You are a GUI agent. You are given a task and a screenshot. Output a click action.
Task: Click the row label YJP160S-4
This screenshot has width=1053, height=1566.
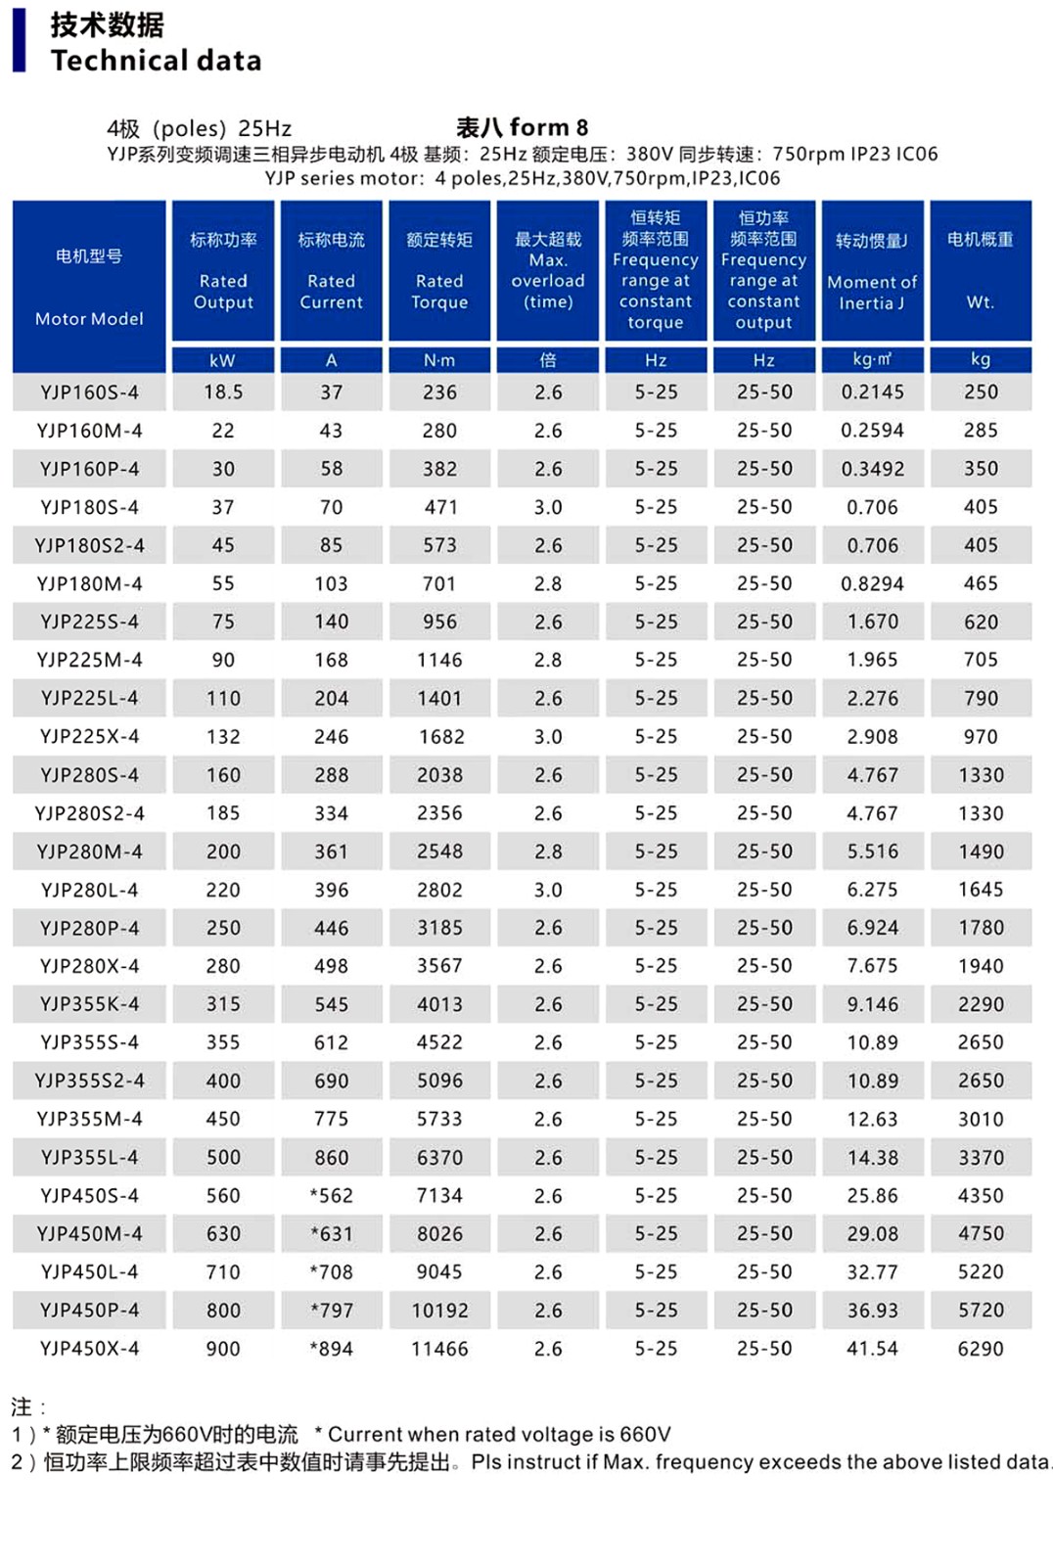pos(89,392)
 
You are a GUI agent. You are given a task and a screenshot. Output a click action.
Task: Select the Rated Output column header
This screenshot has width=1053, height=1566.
pos(223,292)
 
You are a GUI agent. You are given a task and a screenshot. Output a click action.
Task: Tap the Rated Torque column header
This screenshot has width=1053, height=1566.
pos(439,292)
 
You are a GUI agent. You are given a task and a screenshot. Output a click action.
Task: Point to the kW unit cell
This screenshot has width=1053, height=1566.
pos(222,360)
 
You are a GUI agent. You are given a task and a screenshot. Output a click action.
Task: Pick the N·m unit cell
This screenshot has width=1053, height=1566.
pos(439,360)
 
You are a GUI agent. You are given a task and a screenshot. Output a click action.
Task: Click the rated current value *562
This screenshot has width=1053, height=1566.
pos(331,1195)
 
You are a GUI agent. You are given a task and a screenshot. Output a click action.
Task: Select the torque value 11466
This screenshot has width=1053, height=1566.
pos(439,1349)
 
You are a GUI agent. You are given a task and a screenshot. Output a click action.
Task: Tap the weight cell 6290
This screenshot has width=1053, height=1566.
pos(981,1349)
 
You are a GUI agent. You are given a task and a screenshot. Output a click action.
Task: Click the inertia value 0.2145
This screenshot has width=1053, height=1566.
pos(872,392)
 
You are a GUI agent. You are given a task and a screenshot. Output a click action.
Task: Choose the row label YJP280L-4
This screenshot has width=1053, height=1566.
pos(89,890)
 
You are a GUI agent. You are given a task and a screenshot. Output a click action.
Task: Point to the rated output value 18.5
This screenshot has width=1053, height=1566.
pos(223,392)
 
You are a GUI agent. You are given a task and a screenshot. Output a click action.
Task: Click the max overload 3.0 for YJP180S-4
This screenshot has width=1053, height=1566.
pos(548,507)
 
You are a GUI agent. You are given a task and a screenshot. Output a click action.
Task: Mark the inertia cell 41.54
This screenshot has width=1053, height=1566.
pos(872,1349)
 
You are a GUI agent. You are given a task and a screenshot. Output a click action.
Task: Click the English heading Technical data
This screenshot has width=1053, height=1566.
pos(157,61)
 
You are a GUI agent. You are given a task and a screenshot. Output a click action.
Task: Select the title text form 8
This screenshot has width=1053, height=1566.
pos(548,127)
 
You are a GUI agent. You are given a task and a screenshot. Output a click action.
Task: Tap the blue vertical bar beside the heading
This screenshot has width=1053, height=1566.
pos(19,41)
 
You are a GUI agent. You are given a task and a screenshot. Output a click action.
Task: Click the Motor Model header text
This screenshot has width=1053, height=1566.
pos(89,319)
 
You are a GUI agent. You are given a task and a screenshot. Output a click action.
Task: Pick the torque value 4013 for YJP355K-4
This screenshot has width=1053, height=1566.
pos(439,1004)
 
